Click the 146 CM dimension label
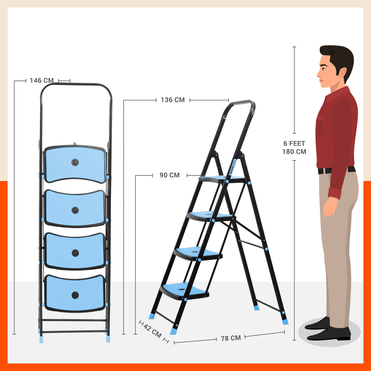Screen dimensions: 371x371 tap(42, 80)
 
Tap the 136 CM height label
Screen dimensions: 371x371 tap(173, 100)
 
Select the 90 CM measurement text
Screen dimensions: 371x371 tap(169, 175)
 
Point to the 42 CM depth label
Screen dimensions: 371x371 tap(153, 331)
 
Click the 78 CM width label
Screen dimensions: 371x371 tap(231, 338)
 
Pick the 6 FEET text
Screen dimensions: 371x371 tap(294, 143)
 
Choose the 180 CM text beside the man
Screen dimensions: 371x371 tap(294, 151)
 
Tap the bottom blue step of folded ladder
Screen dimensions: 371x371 tap(75, 293)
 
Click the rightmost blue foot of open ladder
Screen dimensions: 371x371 tap(285, 322)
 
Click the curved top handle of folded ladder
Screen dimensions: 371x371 tap(76, 84)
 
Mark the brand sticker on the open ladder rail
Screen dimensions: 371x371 tap(233, 167)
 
